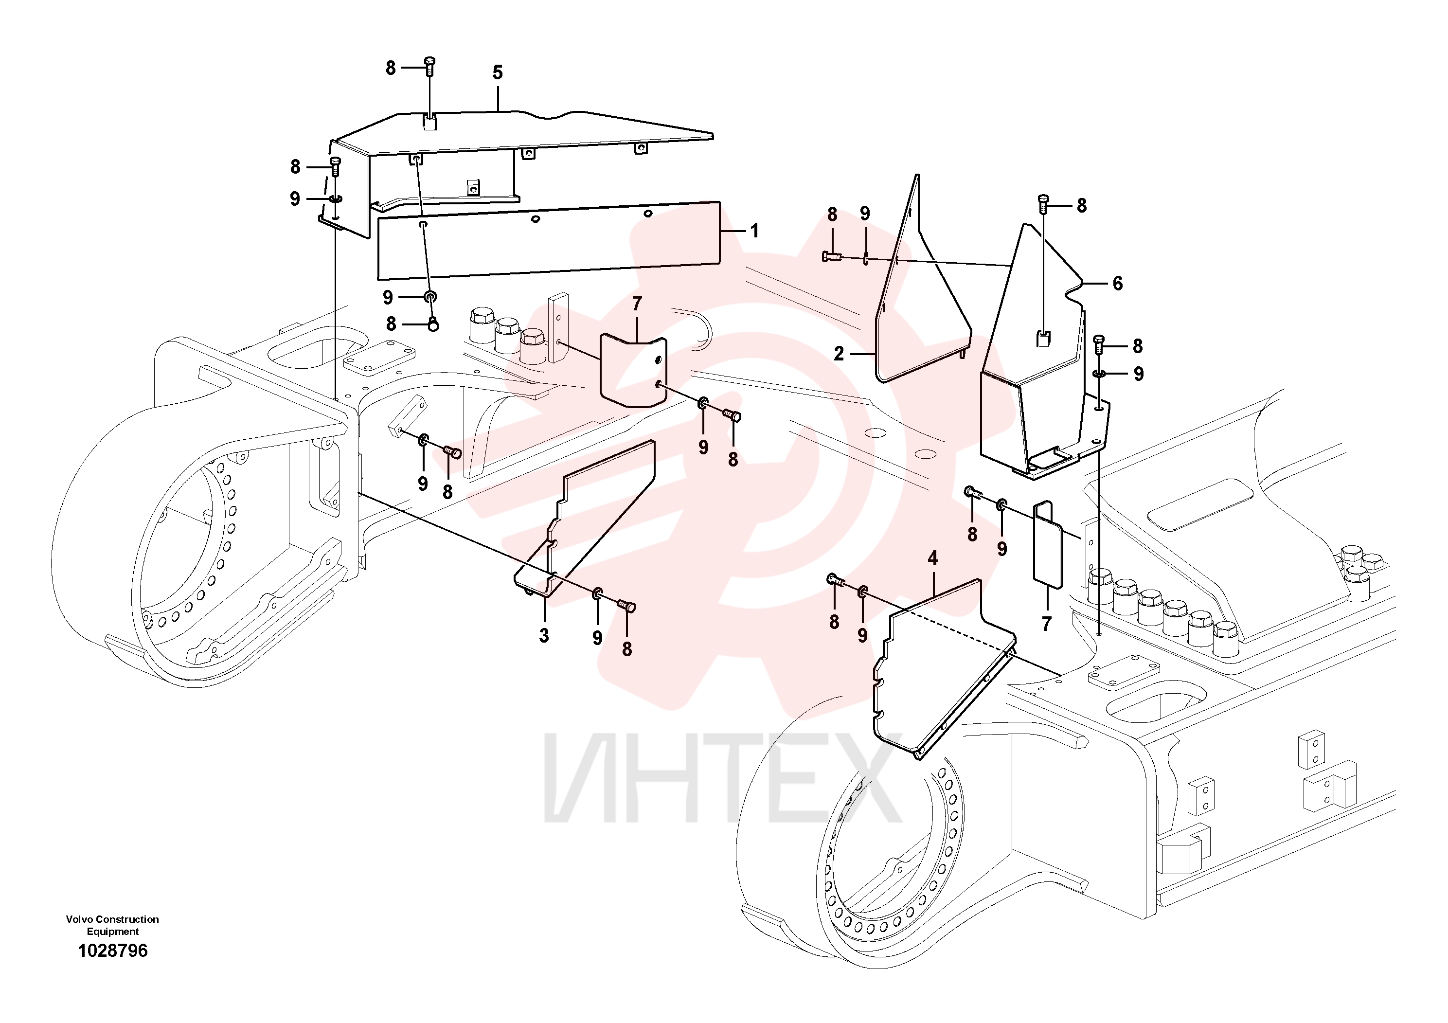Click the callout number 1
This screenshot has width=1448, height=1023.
[754, 231]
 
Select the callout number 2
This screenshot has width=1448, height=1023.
[839, 354]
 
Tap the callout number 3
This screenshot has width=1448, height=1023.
[544, 636]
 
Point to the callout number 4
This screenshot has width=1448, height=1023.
[933, 557]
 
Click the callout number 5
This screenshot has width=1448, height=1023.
[498, 72]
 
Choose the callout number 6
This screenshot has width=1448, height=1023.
[1118, 284]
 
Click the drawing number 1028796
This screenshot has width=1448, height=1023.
[112, 951]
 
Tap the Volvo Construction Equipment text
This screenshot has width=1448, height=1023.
[112, 925]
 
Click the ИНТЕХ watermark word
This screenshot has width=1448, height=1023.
[723, 778]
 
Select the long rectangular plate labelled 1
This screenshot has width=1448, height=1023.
[549, 240]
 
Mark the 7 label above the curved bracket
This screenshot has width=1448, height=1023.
[637, 304]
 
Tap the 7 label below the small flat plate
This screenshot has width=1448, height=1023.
[1046, 624]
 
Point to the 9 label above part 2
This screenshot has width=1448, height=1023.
[865, 214]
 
